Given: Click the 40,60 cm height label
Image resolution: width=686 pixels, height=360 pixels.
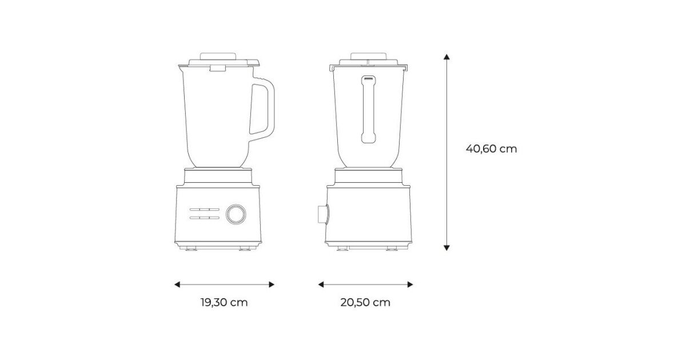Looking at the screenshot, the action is [491, 149].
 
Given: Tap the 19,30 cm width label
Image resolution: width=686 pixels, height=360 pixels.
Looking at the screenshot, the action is [224, 302].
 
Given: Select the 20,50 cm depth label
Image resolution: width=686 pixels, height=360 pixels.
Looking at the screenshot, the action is [365, 302].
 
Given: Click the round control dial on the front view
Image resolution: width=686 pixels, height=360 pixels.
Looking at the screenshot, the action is [236, 214].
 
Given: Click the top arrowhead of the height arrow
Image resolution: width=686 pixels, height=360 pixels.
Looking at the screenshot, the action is [446, 57].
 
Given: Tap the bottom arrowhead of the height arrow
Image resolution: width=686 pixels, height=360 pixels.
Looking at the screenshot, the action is [446, 247].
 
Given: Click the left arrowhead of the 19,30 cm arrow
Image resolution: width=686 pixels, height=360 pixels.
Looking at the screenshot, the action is [177, 285].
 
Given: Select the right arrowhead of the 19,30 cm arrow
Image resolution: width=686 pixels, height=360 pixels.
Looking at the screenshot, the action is [272, 285].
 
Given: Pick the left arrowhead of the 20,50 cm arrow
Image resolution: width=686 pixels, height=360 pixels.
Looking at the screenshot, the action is [321, 285].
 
